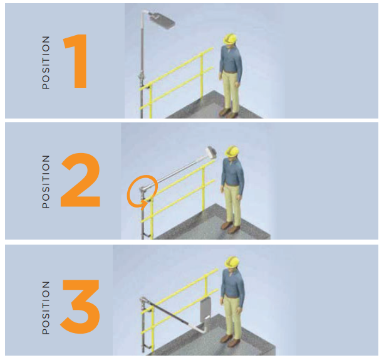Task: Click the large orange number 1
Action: pos(76,61)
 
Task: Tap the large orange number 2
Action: pos(80,180)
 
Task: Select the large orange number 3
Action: pos(80,307)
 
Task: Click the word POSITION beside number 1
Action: pos(46,63)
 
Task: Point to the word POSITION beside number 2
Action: pos(46,182)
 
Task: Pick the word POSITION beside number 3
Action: pos(46,308)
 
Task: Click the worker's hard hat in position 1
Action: pos(231,39)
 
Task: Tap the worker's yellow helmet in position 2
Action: pos(232,151)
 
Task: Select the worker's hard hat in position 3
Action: pos(232,262)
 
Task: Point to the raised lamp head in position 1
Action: pos(162,20)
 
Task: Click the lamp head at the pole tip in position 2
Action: pos(211,152)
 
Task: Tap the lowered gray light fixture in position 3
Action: pos(205,309)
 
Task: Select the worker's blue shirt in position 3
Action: pos(232,283)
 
